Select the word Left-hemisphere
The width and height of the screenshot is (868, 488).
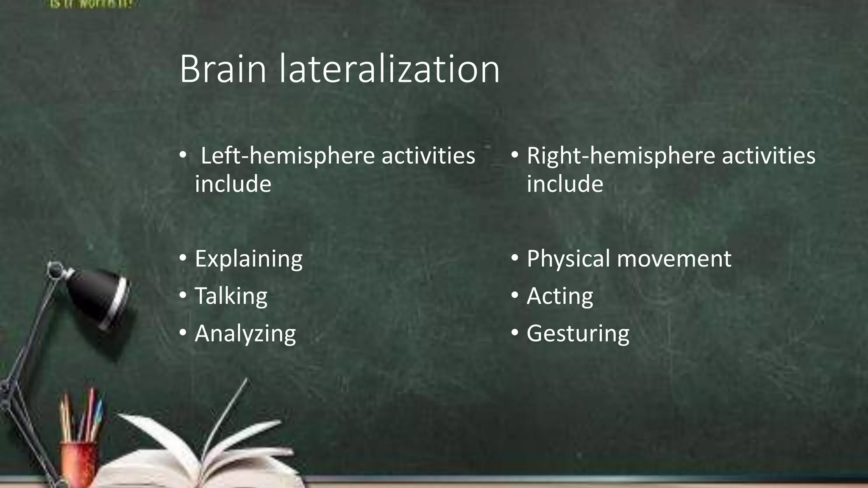coord(288,156)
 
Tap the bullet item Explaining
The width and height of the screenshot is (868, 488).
coord(248,259)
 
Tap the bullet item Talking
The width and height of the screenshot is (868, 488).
coord(231,296)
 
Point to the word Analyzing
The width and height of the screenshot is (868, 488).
coord(245,333)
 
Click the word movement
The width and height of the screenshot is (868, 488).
coord(674,259)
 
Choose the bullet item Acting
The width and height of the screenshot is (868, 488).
coord(559,296)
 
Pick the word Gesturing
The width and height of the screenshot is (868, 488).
coord(578,333)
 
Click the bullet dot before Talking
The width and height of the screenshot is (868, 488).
coord(183,295)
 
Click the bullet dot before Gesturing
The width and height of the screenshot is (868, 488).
coord(515,333)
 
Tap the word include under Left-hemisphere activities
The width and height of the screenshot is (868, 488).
coord(233,184)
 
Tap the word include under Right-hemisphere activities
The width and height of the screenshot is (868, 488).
coord(565,184)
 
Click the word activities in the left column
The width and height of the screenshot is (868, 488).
coord(428,156)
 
